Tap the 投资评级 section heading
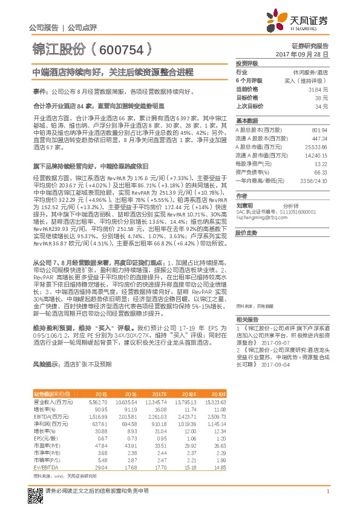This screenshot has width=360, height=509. pyautogui.click(x=247, y=63)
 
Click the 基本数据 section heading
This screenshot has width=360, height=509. pyautogui.click(x=247, y=121)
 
